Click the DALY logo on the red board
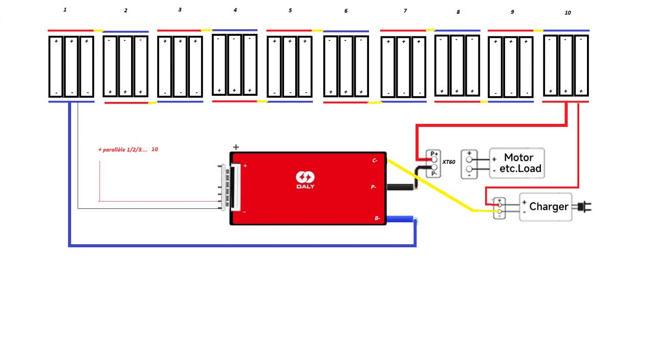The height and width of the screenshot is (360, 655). [x=305, y=180]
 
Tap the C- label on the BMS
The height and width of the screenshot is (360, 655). [x=375, y=160]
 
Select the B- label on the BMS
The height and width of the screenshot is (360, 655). [x=377, y=219]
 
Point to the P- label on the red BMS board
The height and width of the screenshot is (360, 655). [x=374, y=187]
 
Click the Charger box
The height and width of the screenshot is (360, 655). [x=545, y=207]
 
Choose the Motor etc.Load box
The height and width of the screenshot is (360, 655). [x=517, y=163]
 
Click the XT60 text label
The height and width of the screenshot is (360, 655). [x=448, y=162]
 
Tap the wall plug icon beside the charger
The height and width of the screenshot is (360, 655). [x=583, y=207]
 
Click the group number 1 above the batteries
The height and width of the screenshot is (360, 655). [x=64, y=10]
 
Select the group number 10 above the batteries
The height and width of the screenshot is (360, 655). [x=567, y=13]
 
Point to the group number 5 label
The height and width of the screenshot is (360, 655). [x=290, y=10]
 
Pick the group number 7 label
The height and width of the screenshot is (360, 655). [x=405, y=11]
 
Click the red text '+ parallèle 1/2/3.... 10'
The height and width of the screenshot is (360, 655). [x=128, y=150]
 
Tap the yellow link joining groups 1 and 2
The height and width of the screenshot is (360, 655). [x=99, y=31]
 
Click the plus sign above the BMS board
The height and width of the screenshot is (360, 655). [x=235, y=147]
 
